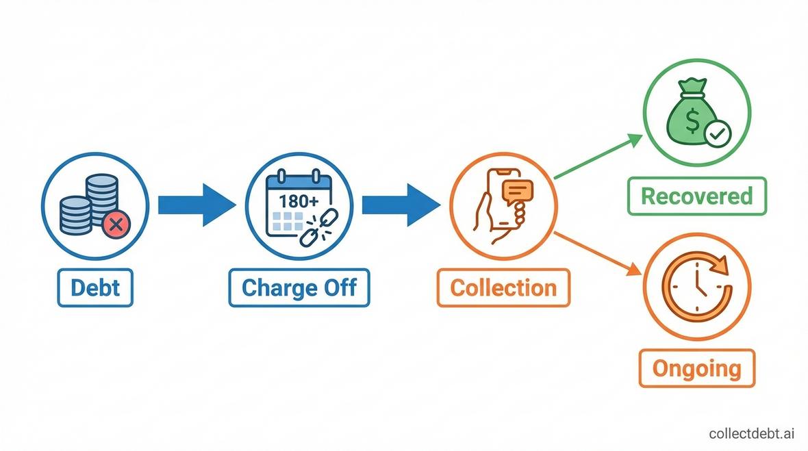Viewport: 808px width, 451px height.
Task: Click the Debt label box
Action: pos(94,287)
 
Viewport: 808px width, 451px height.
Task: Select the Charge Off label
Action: pos(299,287)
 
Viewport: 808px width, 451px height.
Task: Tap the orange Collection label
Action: pos(503,287)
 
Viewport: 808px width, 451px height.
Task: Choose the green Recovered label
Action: pos(696,196)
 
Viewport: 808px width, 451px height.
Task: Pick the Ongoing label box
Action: pos(696,369)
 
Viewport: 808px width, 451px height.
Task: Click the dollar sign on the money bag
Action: pos(692,123)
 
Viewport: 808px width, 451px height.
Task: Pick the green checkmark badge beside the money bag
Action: pos(717,135)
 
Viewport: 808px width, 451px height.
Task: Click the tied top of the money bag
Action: pos(693,87)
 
